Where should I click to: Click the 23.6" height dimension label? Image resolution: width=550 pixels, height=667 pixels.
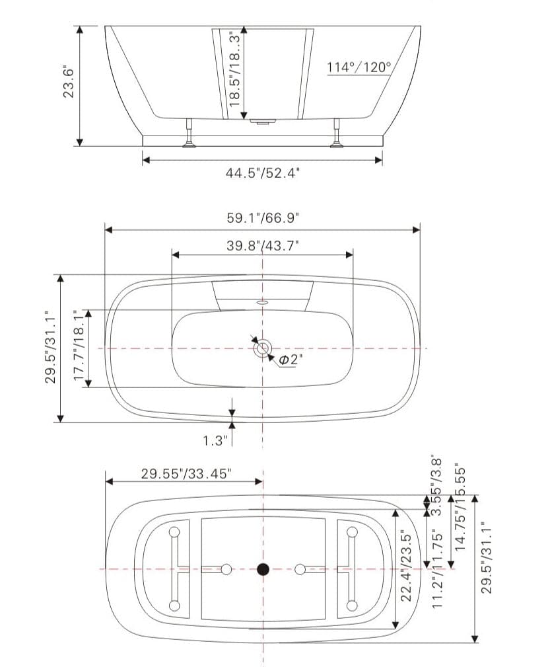click(x=68, y=81)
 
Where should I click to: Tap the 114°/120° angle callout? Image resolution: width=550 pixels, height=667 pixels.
click(x=359, y=67)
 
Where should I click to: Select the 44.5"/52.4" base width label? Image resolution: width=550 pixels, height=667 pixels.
click(x=263, y=173)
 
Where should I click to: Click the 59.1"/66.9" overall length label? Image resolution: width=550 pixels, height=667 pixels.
click(x=263, y=217)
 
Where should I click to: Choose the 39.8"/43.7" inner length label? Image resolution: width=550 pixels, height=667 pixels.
click(x=263, y=245)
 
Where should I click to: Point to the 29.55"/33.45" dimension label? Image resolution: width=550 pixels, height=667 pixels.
click(x=186, y=473)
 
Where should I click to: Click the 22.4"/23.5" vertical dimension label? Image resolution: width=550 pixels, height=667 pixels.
click(x=407, y=567)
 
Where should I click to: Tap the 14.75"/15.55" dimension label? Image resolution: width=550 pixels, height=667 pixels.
click(x=461, y=506)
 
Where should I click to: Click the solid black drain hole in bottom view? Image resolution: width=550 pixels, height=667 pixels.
click(x=263, y=569)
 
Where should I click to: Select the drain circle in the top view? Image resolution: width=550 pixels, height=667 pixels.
click(x=263, y=347)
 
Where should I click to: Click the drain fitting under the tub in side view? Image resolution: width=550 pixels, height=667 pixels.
click(x=263, y=121)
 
